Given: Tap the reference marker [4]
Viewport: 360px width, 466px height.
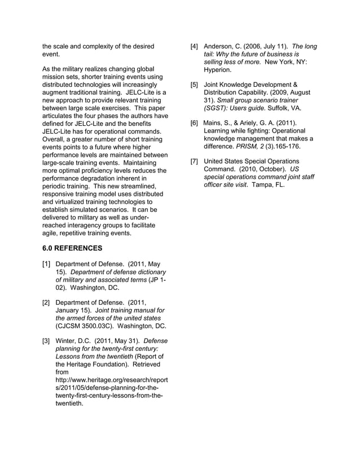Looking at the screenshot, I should tap(194, 46).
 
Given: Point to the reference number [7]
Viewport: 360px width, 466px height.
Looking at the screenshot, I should tap(194, 161).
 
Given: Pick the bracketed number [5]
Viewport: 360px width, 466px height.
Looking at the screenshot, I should tap(194, 85).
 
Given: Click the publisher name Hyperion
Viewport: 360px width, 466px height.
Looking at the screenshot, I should tap(218, 70).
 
